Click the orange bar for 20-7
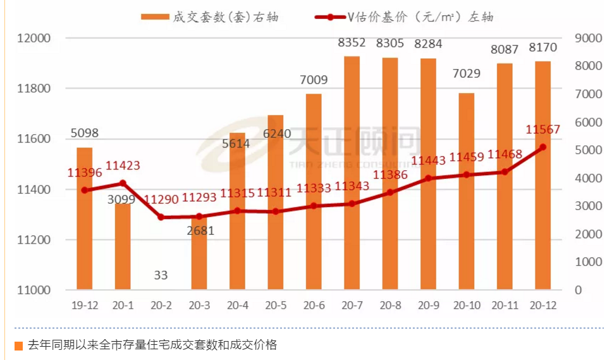pyautogui.click(x=352, y=173)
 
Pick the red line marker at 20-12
pyautogui.click(x=543, y=147)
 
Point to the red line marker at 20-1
pyautogui.click(x=123, y=183)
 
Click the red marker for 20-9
pyautogui.click(x=429, y=178)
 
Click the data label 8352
pyautogui.click(x=352, y=44)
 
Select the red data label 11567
pyautogui.click(x=543, y=130)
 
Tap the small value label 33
pyautogui.click(x=161, y=275)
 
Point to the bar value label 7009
pyautogui.click(x=314, y=80)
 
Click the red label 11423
pyautogui.click(x=123, y=166)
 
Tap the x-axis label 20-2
pyautogui.click(x=161, y=305)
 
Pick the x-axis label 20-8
pyautogui.click(x=390, y=305)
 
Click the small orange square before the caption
pyautogui.click(x=18, y=346)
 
